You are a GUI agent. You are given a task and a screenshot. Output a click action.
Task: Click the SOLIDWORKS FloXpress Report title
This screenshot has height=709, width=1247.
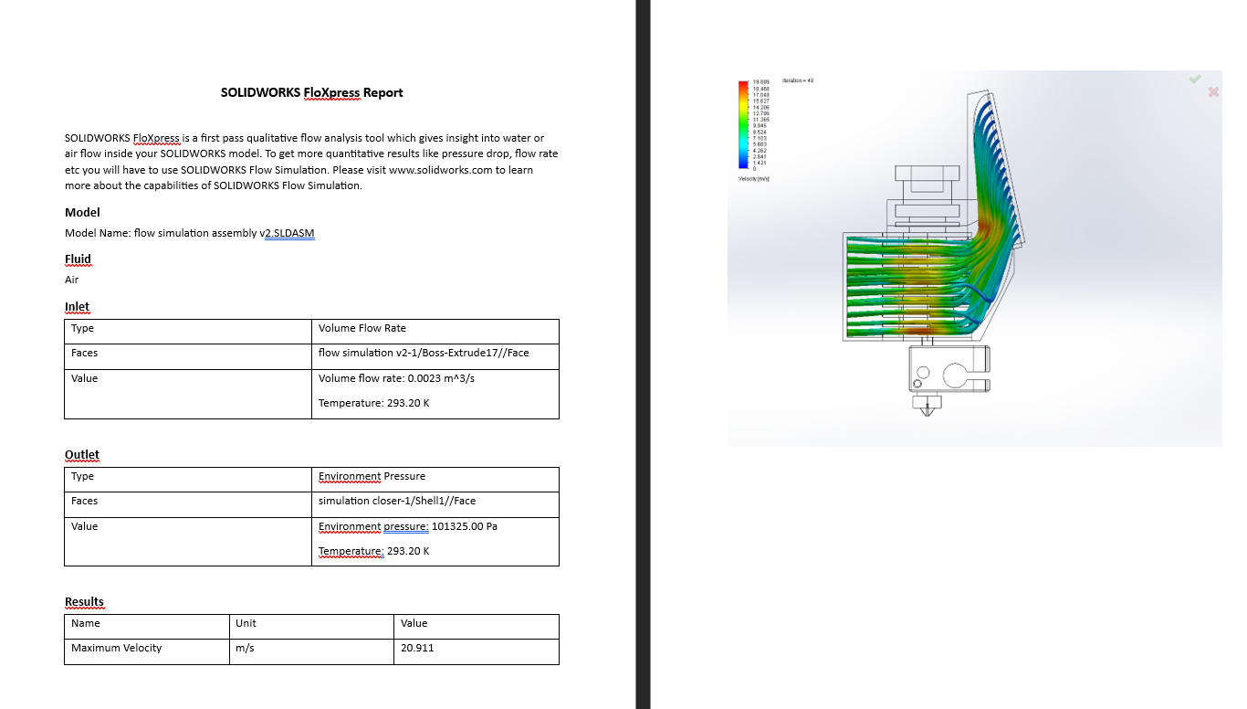click(x=311, y=92)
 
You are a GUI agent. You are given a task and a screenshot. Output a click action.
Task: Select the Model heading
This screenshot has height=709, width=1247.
click(x=82, y=212)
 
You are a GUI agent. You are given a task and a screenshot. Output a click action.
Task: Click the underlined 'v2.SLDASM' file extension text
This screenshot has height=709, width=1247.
click(x=288, y=233)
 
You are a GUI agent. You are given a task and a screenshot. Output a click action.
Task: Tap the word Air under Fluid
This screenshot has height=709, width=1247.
click(x=72, y=280)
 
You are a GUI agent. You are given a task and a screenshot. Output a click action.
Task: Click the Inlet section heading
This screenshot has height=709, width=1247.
click(x=77, y=306)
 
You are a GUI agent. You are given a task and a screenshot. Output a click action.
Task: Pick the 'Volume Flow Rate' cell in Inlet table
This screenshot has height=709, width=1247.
click(x=362, y=328)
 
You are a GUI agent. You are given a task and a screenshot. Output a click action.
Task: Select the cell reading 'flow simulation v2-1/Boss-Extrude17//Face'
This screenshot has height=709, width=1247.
click(x=424, y=353)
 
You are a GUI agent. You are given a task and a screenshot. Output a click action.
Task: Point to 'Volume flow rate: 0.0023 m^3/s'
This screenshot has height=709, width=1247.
click(x=396, y=378)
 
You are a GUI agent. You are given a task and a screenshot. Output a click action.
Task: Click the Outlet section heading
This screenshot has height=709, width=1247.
click(x=82, y=454)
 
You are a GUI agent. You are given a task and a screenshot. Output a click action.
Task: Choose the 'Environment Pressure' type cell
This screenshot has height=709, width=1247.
click(x=372, y=476)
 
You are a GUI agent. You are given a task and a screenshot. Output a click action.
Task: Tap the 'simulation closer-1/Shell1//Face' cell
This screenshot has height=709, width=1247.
click(x=396, y=501)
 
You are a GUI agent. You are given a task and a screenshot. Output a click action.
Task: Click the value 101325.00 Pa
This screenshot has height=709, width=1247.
click(x=466, y=526)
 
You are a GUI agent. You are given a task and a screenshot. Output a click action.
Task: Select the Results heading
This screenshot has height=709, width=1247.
click(x=84, y=601)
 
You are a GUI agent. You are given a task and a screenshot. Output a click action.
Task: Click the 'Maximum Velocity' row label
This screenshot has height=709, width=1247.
click(x=116, y=648)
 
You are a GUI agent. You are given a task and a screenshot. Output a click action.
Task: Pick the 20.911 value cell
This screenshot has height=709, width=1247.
click(x=417, y=648)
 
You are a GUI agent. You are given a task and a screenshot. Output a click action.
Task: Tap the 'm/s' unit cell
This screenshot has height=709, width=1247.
click(x=245, y=648)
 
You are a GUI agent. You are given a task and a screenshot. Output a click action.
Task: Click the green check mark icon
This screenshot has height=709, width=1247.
click(x=1195, y=79)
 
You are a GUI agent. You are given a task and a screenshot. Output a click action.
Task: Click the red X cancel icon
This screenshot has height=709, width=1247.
click(x=1213, y=91)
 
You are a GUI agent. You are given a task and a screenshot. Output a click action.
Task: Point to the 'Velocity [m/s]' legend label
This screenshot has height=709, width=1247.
click(x=753, y=178)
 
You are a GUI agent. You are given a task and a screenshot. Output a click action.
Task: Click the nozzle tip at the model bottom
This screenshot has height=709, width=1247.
click(x=929, y=414)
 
